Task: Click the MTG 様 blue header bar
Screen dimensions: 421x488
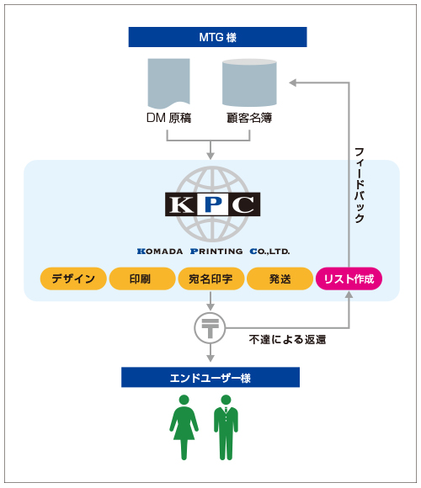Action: pos(217,37)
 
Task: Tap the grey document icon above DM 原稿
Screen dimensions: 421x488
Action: pos(168,82)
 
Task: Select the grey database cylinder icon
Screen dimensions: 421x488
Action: pos(249,82)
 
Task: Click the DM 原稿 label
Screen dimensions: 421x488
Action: pos(168,118)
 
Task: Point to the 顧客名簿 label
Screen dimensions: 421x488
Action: pos(249,118)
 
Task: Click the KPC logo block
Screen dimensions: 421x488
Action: pos(213,204)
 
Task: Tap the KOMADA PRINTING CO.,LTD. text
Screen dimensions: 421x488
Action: pos(213,252)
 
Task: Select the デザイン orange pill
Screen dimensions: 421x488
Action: pos(73,278)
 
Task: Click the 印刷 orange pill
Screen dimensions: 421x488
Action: pos(142,278)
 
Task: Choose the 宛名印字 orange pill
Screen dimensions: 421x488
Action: pos(211,278)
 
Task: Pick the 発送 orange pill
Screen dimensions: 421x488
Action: pos(280,278)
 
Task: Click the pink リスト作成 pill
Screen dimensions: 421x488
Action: pos(349,278)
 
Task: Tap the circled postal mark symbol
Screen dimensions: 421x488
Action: pos(210,328)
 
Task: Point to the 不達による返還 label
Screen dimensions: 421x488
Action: pos(287,340)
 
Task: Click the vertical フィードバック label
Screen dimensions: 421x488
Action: pos(360,185)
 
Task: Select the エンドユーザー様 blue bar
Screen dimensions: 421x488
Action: pos(210,377)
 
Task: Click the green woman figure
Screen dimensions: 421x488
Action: pos(184,427)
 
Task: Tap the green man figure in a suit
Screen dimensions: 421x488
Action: pos(226,427)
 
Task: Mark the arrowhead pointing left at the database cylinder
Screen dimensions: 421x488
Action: pos(293,82)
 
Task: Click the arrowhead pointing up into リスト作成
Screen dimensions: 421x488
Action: pos(349,294)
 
